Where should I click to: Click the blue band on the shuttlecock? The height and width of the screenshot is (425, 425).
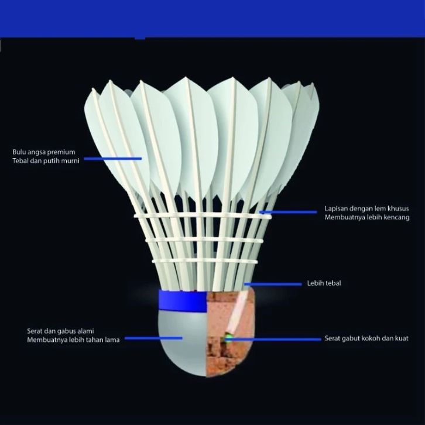182,302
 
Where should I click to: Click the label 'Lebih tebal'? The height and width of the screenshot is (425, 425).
324,284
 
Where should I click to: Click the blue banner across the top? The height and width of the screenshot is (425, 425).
212,18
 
